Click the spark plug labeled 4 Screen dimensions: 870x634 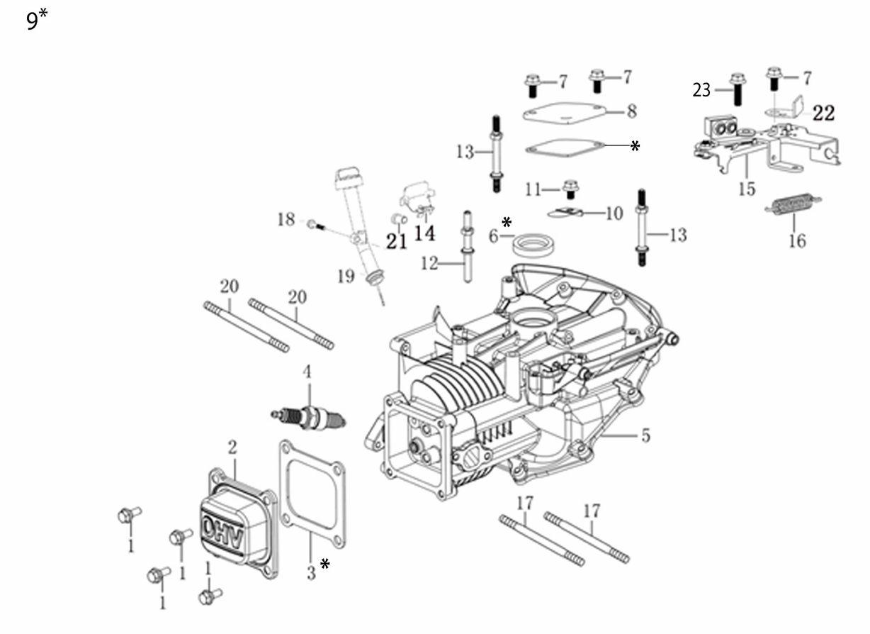(x=308, y=419)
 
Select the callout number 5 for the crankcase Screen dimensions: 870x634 (x=645, y=435)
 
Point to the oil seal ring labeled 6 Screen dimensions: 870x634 (x=533, y=245)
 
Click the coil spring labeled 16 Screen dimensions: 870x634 (x=793, y=204)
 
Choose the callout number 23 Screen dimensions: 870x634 (x=701, y=90)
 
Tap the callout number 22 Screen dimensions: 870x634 (x=824, y=113)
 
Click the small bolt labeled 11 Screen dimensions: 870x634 (x=570, y=189)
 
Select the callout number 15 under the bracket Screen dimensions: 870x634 (x=747, y=189)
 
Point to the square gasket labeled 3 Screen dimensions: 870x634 (x=312, y=494)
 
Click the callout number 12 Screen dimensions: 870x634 (x=429, y=264)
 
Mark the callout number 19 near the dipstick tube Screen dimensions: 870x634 (x=346, y=277)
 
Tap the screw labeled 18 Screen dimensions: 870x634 (x=316, y=225)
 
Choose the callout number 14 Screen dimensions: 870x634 (x=424, y=233)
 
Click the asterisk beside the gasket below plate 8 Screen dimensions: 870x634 (x=635, y=146)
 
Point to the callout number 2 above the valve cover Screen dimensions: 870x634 (x=232, y=447)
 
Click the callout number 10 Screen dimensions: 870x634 (x=614, y=213)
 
